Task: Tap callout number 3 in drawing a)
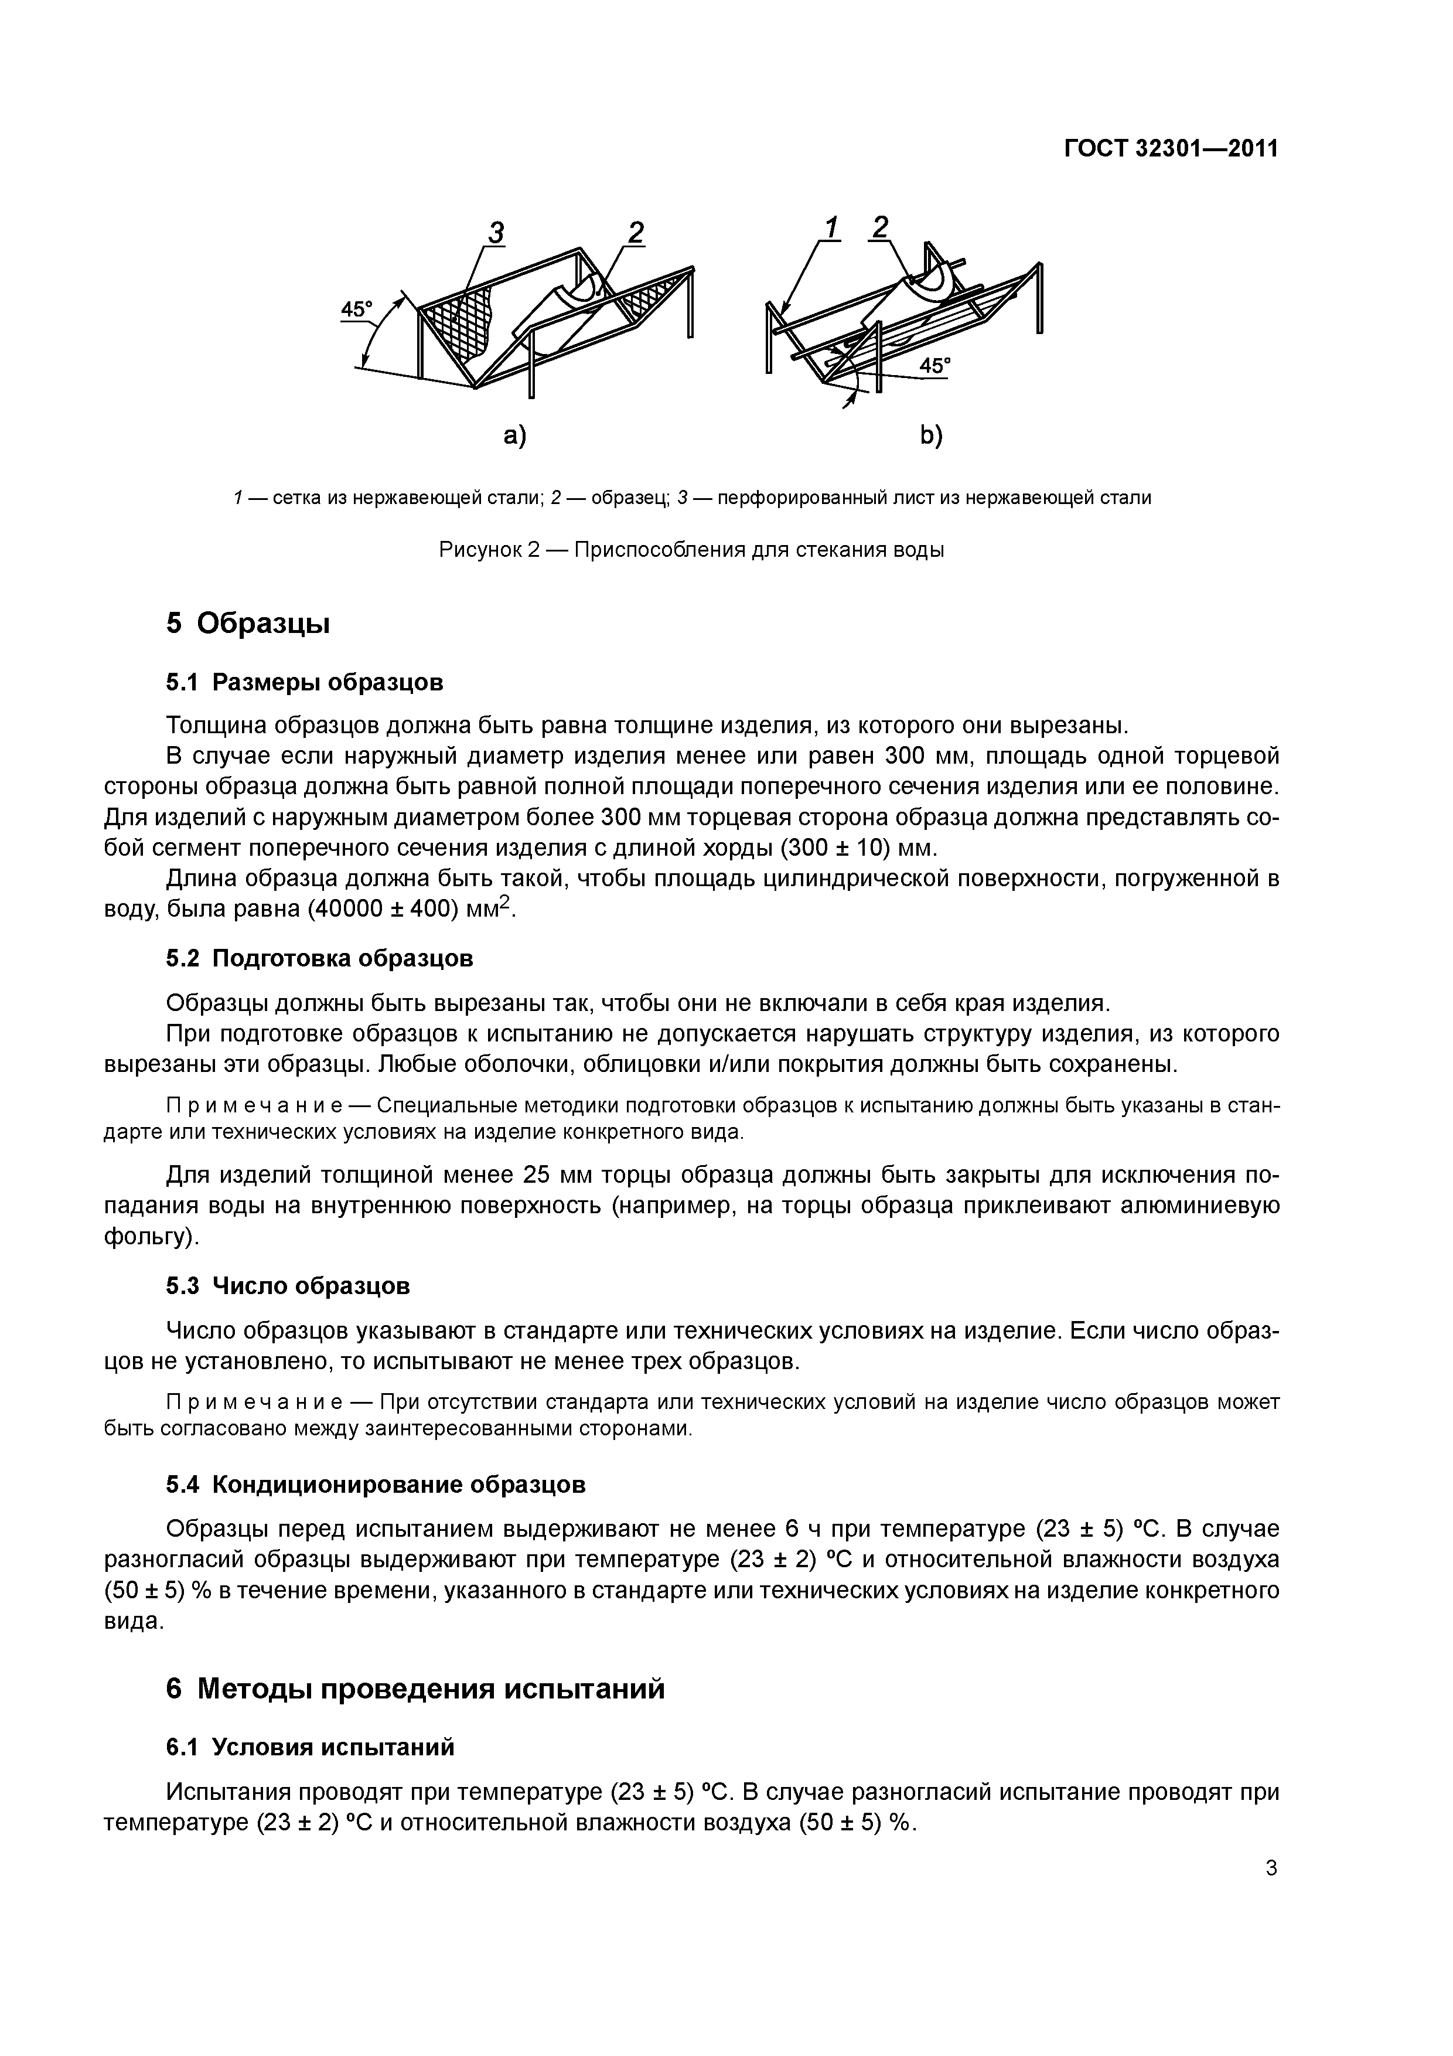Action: pos(495,233)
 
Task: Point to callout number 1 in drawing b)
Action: pos(832,229)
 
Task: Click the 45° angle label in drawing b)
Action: pos(936,365)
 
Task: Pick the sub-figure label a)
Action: pos(515,436)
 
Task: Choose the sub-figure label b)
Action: pos(931,436)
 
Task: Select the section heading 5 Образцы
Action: pos(248,623)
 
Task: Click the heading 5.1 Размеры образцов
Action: pos(305,682)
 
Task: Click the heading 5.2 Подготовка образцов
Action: pos(320,958)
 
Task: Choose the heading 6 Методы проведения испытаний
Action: pos(415,1689)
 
